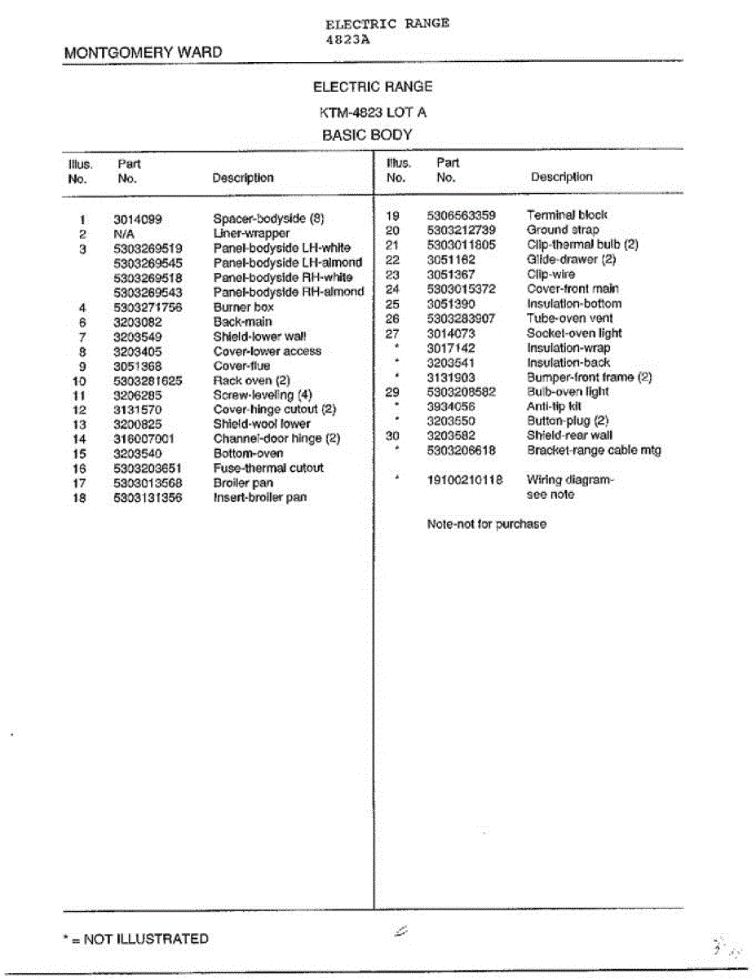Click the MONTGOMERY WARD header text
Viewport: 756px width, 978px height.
pyautogui.click(x=143, y=53)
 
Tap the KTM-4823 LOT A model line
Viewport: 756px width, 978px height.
pyautogui.click(x=373, y=112)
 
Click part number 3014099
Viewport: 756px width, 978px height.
pyautogui.click(x=138, y=219)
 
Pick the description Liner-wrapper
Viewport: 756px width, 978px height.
pyautogui.click(x=251, y=234)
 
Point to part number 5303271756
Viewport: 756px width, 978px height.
pyautogui.click(x=148, y=307)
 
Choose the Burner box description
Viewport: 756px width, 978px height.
pyautogui.click(x=243, y=307)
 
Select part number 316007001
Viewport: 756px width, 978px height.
pyautogui.click(x=144, y=438)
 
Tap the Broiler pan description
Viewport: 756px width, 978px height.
pyautogui.click(x=243, y=482)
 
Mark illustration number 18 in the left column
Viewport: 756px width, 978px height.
pyautogui.click(x=79, y=497)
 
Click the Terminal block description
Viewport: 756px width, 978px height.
pyautogui.click(x=567, y=215)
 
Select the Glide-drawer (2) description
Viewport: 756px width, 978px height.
pyautogui.click(x=571, y=260)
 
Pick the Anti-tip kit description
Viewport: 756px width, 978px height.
pyautogui.click(x=554, y=406)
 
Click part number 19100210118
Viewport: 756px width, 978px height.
pyautogui.click(x=465, y=480)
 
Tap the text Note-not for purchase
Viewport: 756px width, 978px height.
pyautogui.click(x=486, y=524)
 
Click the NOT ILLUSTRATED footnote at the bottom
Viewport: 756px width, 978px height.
pyautogui.click(x=135, y=939)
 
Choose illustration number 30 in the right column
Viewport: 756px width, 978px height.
pyautogui.click(x=392, y=436)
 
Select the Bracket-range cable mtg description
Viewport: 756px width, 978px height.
pyautogui.click(x=594, y=451)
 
